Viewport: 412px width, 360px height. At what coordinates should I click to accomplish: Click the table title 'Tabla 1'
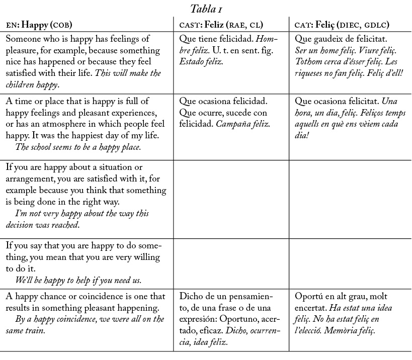point(206,9)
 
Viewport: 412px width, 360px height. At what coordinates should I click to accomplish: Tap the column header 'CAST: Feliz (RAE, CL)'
point(221,24)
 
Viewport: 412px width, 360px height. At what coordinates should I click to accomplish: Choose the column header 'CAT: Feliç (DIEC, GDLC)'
point(342,24)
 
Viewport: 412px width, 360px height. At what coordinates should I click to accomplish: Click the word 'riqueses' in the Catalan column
point(310,73)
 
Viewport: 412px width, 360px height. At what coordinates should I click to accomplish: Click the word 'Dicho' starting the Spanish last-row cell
point(190,296)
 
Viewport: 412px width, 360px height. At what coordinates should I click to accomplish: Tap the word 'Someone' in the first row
point(22,39)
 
